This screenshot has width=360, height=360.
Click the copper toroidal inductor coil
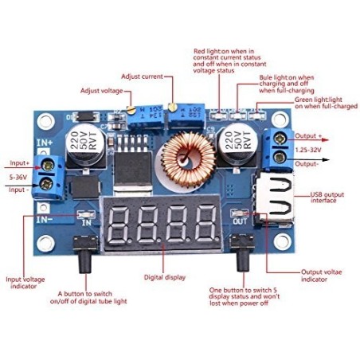(x=188, y=159)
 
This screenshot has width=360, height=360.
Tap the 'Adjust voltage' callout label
(x=101, y=91)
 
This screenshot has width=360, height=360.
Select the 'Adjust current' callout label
(x=142, y=76)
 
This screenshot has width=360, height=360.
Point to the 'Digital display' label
(x=165, y=277)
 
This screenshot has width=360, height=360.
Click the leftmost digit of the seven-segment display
(x=119, y=225)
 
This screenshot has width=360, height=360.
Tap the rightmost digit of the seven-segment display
(x=205, y=225)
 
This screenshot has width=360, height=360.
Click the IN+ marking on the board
(x=45, y=143)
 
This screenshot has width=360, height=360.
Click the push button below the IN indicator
(x=85, y=254)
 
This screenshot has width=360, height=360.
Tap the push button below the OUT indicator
(x=242, y=252)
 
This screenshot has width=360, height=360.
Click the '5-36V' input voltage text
(x=18, y=177)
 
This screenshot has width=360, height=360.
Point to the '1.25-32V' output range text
(x=308, y=150)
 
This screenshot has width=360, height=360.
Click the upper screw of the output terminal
(x=279, y=138)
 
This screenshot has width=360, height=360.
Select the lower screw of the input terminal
(x=46, y=184)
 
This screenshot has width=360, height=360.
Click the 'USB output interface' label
(x=327, y=198)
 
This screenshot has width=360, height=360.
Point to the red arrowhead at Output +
(x=326, y=140)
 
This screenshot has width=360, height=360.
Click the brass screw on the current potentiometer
(x=173, y=107)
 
